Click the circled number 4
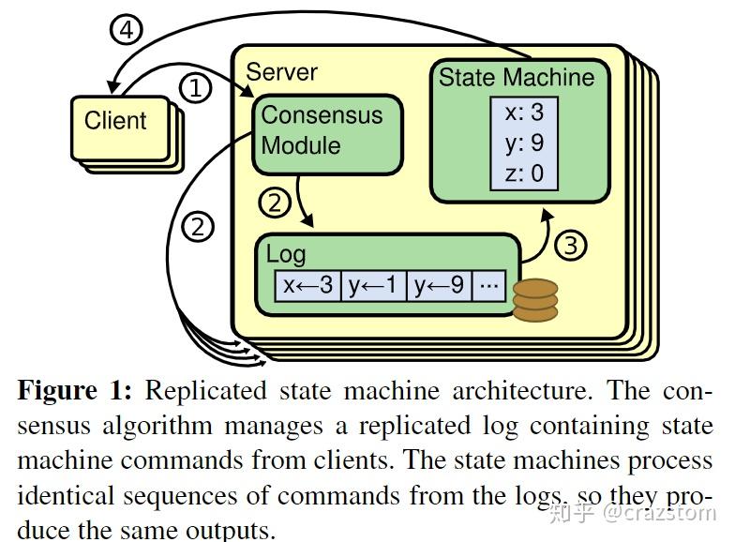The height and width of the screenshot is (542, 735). pyautogui.click(x=126, y=30)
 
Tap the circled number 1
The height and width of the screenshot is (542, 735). pyautogui.click(x=195, y=88)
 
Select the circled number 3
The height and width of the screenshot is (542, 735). pyautogui.click(x=570, y=246)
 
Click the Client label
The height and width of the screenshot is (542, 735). pyautogui.click(x=115, y=120)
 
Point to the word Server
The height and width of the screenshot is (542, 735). pyautogui.click(x=281, y=72)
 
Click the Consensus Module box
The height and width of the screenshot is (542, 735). pyautogui.click(x=328, y=135)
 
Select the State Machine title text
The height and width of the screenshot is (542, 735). pyautogui.click(x=517, y=77)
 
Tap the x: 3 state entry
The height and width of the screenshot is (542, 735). pyautogui.click(x=524, y=113)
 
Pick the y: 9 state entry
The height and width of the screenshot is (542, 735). pyautogui.click(x=524, y=143)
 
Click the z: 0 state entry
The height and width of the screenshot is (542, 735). pyautogui.click(x=524, y=173)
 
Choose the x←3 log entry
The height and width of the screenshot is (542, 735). pyautogui.click(x=307, y=285)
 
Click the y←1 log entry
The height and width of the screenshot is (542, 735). pyautogui.click(x=373, y=285)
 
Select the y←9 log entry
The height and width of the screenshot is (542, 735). pyautogui.click(x=439, y=285)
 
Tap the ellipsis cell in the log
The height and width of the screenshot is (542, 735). pyautogui.click(x=489, y=285)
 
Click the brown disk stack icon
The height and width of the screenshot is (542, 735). pyautogui.click(x=534, y=300)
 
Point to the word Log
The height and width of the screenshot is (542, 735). pyautogui.click(x=286, y=255)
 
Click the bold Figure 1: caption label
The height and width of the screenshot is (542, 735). pyautogui.click(x=75, y=390)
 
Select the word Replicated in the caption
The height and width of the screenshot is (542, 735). pyautogui.click(x=206, y=390)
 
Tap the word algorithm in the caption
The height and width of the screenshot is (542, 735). pyautogui.click(x=157, y=427)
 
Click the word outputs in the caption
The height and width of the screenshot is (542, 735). pyautogui.click(x=230, y=531)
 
